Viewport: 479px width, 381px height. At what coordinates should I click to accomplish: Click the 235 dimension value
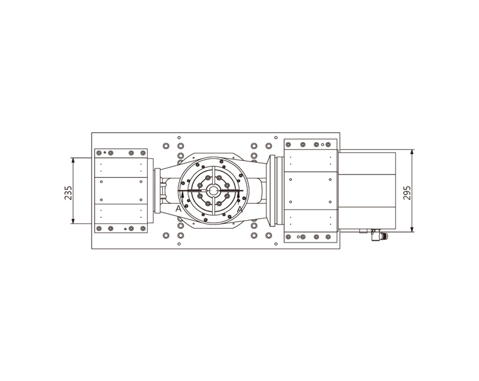(68, 193)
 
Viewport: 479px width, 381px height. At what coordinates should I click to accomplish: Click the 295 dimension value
(407, 193)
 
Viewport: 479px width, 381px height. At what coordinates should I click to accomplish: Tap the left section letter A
(178, 209)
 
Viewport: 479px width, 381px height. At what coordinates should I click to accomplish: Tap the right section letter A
(240, 209)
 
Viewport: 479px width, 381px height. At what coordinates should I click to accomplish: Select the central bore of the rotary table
(213, 191)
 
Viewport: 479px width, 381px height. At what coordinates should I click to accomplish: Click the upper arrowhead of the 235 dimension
(73, 160)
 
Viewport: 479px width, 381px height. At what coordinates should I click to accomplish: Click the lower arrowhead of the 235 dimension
(73, 221)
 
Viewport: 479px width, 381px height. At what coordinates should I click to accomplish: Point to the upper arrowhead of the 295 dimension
(412, 152)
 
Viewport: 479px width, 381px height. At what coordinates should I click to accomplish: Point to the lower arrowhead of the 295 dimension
(412, 229)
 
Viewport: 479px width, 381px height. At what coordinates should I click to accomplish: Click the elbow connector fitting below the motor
(379, 234)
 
